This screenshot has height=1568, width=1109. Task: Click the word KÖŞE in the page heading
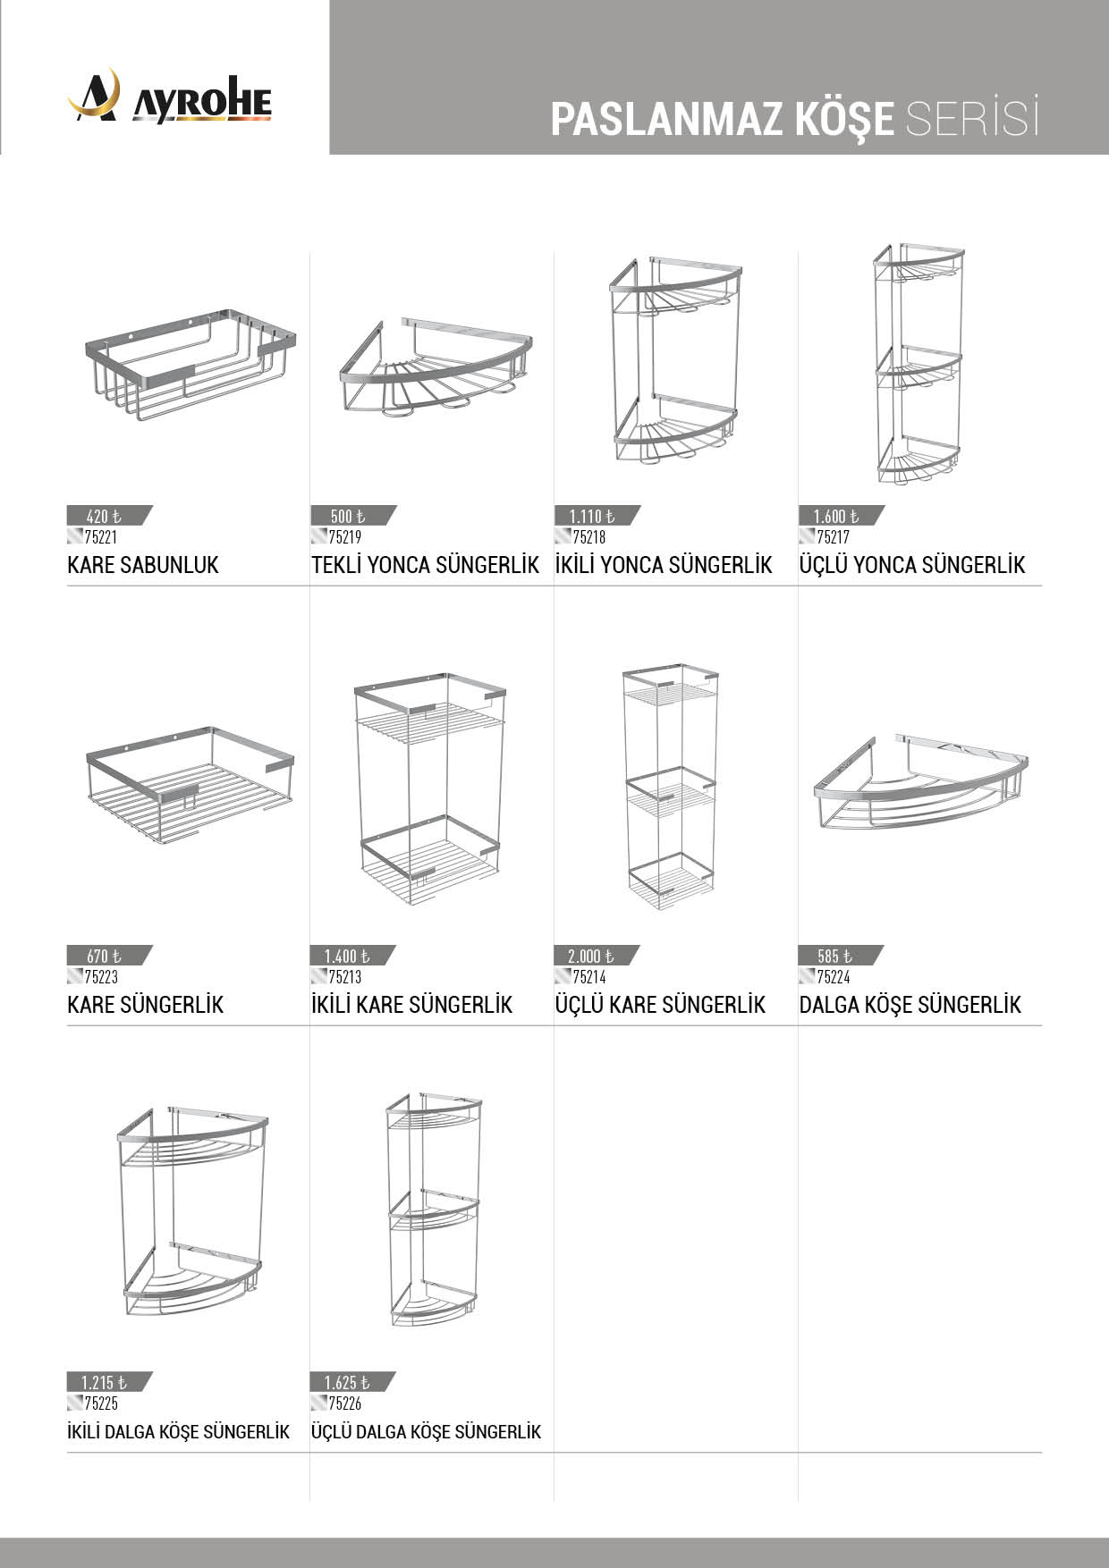click(843, 119)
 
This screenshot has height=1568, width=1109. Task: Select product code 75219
click(345, 537)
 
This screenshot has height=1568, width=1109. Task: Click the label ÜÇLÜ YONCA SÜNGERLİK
click(912, 565)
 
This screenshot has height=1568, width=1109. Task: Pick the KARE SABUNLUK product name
click(143, 565)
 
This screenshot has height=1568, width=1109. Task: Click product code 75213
click(345, 977)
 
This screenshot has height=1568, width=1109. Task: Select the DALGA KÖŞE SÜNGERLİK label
click(910, 1005)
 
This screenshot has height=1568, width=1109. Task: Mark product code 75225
click(101, 1404)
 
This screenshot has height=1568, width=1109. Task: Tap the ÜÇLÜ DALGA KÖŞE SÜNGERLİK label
click(427, 1432)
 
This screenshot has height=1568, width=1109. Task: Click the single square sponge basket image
click(190, 787)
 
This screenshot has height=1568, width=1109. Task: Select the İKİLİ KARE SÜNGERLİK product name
click(412, 1005)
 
